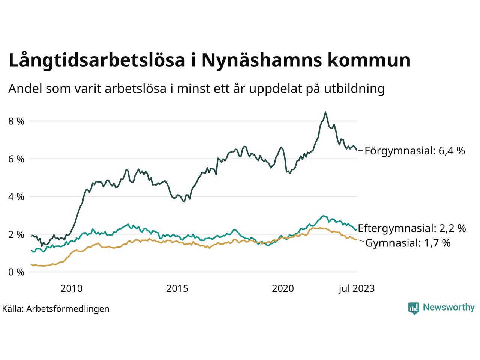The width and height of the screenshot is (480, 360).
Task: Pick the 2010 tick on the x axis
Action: [71, 288]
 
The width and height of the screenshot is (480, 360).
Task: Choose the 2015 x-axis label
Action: [177, 288]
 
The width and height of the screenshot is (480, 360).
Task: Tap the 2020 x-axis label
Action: [283, 288]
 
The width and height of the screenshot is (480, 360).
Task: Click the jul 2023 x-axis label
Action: [356, 288]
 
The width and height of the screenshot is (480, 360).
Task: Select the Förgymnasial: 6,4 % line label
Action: [415, 151]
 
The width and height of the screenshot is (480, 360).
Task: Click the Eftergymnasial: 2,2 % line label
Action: [412, 228]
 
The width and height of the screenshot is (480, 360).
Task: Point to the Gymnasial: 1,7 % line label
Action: [408, 243]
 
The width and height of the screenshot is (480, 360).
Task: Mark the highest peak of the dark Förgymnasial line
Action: [325, 112]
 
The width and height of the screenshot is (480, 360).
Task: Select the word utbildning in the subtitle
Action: [353, 88]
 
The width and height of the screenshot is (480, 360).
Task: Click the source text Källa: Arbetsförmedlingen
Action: [55, 309]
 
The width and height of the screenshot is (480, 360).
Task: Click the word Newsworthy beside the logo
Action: [448, 307]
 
